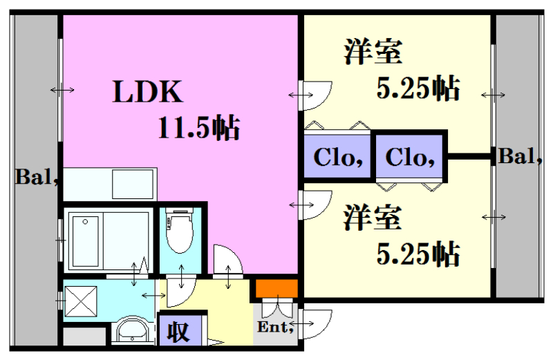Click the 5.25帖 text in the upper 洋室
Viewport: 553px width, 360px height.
coord(418,88)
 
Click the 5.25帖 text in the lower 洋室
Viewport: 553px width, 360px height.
coord(418,254)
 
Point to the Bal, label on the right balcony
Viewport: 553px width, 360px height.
coord(520,157)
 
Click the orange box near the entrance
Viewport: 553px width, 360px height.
coord(276,287)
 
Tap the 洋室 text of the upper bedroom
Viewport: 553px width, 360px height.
coord(374,53)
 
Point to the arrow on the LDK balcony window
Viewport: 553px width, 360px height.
coord(62,90)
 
